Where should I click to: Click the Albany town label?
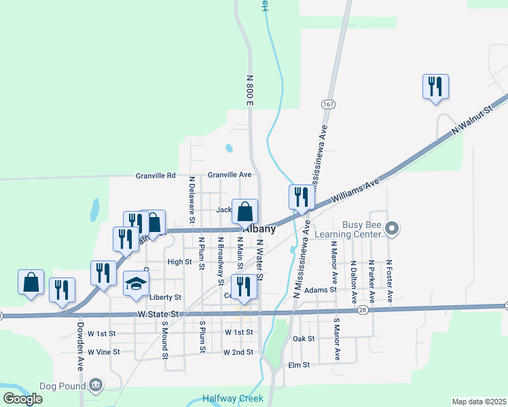259,229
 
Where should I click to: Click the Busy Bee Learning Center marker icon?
391,229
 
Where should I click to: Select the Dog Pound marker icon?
96,386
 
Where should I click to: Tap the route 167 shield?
329,104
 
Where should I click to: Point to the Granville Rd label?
156,175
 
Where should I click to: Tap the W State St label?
158,314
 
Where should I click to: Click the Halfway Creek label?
232,399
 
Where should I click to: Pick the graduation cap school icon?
136,284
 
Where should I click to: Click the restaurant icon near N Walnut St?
435,87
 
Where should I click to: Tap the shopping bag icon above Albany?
244,211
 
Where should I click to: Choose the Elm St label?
299,364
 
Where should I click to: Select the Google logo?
23,399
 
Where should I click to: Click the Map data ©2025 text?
479,402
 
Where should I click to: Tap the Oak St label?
303,338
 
